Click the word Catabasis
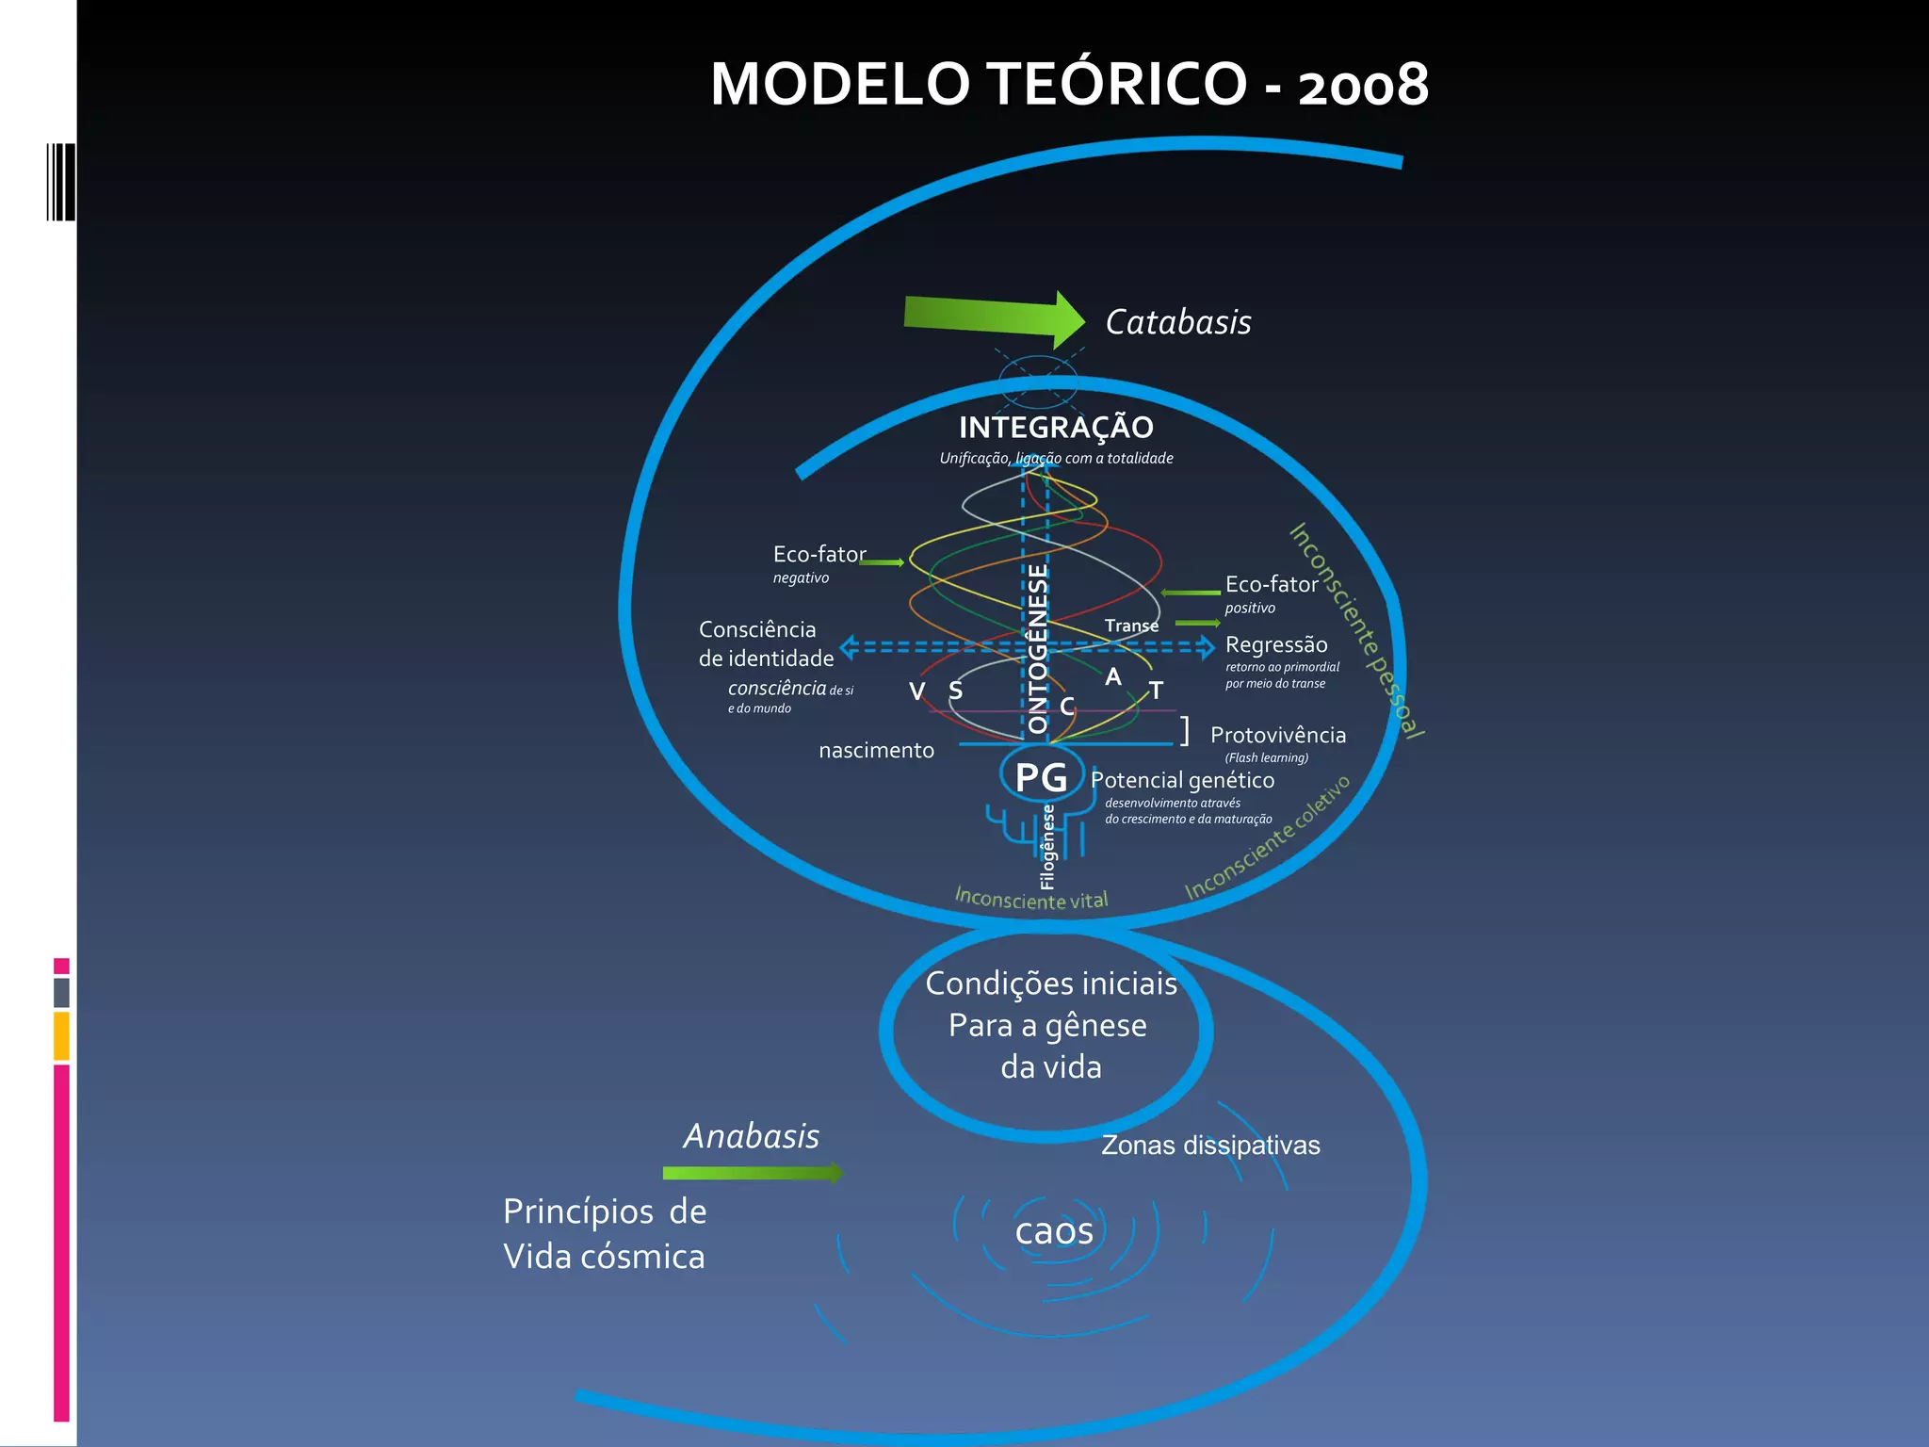tap(1177, 322)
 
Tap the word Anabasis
tap(751, 1136)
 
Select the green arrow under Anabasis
tap(752, 1173)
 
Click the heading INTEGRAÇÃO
tap(1056, 428)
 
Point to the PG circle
tap(1041, 776)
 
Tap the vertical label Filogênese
tap(1047, 847)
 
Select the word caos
tap(1054, 1230)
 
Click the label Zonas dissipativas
tap(1210, 1146)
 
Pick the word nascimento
tap(876, 751)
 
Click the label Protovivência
tap(1277, 735)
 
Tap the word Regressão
tap(1276, 645)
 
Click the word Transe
tap(1131, 626)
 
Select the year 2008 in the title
tap(1363, 85)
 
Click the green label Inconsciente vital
tap(1030, 899)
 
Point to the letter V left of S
tap(916, 691)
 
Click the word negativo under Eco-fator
tap(801, 578)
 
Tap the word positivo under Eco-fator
tap(1250, 609)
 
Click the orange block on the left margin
tap(61, 1035)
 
